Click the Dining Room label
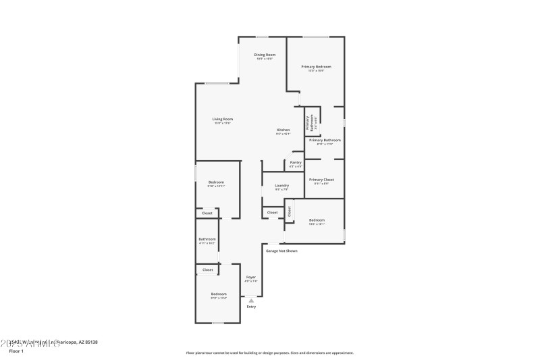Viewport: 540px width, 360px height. tap(265, 55)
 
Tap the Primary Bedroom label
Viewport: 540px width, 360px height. tap(317, 66)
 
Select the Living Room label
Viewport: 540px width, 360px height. tap(223, 119)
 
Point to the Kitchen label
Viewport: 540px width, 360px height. tap(283, 130)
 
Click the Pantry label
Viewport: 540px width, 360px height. tap(296, 162)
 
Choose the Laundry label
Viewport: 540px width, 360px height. tap(282, 185)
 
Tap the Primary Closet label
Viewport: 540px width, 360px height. tap(323, 179)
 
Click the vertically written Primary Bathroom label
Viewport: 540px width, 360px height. tap(309, 122)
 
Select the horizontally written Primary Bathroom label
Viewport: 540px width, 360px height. tap(325, 140)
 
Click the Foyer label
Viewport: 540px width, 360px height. tap(250, 277)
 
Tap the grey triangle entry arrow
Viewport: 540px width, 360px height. tap(251, 301)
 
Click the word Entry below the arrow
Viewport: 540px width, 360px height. tap(251, 307)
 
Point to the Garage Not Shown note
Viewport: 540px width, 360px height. tap(281, 251)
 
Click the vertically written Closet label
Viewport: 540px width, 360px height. tap(289, 211)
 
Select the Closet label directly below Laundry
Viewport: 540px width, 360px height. tap(272, 213)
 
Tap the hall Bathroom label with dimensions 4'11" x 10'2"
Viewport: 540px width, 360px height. tap(207, 238)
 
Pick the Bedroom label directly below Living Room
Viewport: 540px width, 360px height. tap(216, 182)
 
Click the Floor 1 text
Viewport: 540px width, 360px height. tap(15, 351)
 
